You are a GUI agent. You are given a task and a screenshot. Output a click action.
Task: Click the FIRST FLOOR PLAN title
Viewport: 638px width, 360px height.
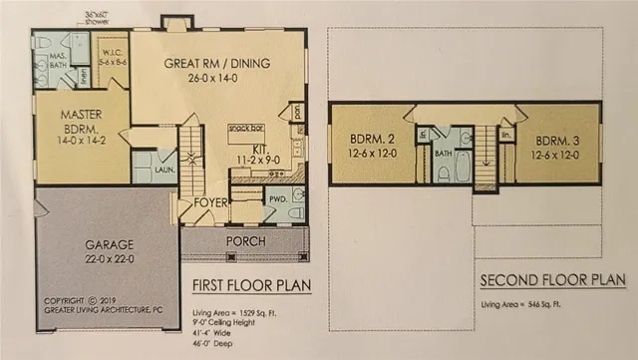click(249, 289)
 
